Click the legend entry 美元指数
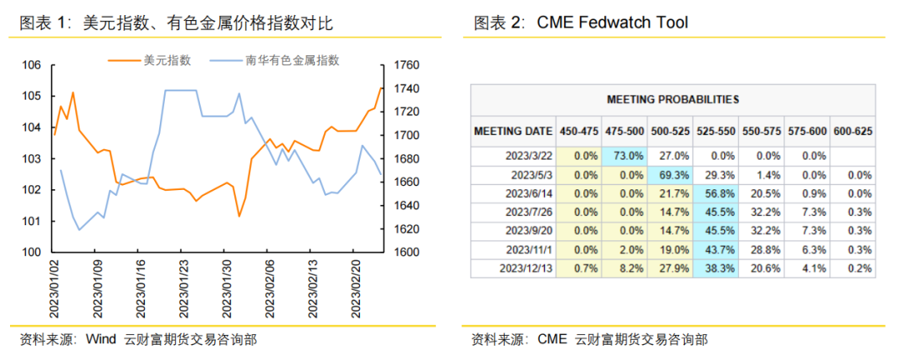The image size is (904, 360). [x=167, y=59]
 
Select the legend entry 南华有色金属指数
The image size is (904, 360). [x=292, y=59]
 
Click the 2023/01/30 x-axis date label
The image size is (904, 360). [x=227, y=287]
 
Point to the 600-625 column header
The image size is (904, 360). [x=854, y=131]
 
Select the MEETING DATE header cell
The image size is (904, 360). [x=513, y=131]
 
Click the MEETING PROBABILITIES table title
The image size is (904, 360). [x=673, y=99]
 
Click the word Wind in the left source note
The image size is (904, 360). [x=100, y=339]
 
